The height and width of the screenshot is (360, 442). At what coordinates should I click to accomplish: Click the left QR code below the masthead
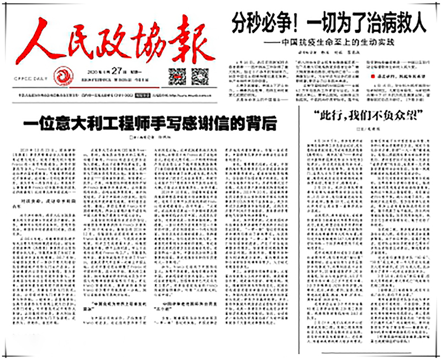[x=176, y=76]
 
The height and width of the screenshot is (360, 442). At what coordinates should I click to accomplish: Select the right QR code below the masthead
[x=199, y=76]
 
